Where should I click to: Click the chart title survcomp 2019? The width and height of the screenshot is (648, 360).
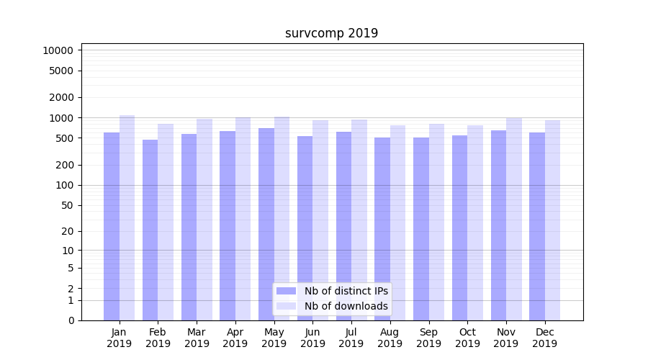tap(331, 33)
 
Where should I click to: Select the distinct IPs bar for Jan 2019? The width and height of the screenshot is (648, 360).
tap(112, 226)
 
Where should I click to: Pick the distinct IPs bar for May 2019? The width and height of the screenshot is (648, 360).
tap(266, 224)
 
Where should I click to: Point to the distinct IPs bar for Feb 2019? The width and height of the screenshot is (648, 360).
tap(150, 230)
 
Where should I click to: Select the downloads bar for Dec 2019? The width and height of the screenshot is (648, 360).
tap(552, 220)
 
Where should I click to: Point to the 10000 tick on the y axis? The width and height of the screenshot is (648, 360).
tap(58, 50)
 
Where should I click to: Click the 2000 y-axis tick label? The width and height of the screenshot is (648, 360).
tap(60, 97)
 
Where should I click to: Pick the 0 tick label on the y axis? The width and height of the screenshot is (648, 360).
tap(71, 320)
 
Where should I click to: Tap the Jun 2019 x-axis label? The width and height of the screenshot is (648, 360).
tap(312, 338)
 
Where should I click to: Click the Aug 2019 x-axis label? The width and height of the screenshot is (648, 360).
tap(390, 338)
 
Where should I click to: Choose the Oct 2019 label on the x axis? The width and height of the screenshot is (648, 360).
tap(467, 338)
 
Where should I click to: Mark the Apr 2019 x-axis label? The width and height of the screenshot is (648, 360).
tap(235, 338)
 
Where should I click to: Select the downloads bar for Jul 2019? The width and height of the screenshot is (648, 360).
tap(359, 220)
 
